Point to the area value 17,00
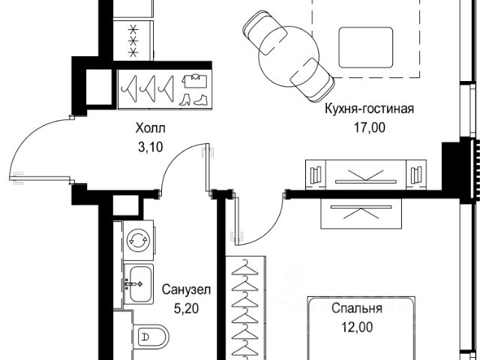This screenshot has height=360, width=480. tap(369, 127)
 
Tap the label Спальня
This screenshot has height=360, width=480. tap(358, 307)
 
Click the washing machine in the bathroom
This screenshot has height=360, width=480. tap(137, 240)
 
